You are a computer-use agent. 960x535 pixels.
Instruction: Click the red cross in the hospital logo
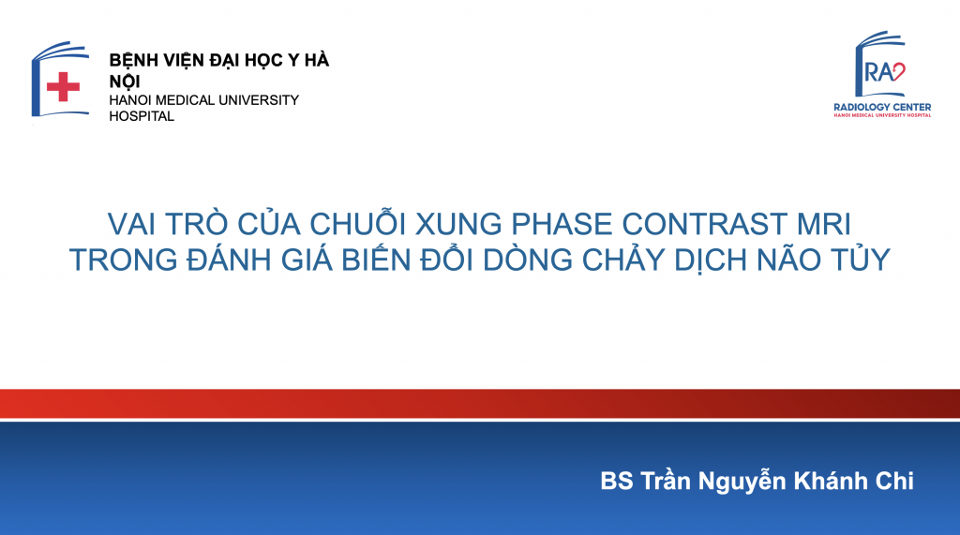63,86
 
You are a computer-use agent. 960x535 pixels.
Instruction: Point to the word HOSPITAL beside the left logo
142,115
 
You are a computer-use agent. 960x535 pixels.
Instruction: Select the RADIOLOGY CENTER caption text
882,107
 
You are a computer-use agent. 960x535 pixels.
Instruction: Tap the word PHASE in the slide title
562,224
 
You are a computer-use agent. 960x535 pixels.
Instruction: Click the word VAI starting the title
131,224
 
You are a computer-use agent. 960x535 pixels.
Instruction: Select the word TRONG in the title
123,260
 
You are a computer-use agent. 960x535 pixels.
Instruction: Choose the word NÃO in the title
789,258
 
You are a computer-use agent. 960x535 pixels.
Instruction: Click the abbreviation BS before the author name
617,482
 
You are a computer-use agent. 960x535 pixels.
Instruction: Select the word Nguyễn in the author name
742,482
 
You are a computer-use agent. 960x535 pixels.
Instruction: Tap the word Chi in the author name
894,482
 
